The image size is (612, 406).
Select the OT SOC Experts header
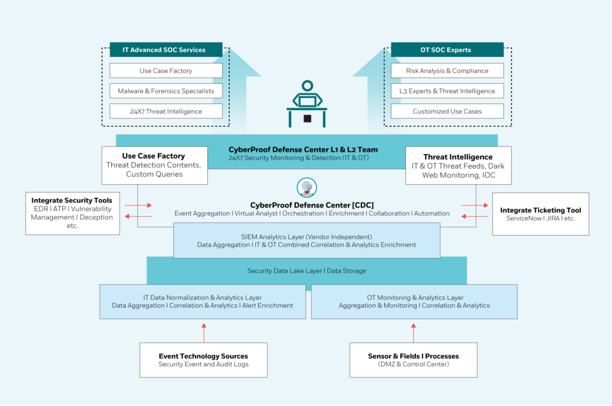point(447,50)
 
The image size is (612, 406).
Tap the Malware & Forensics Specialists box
point(166,91)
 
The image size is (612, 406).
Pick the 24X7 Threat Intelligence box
point(166,111)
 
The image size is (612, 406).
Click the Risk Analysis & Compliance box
point(447,71)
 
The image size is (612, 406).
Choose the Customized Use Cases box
point(447,111)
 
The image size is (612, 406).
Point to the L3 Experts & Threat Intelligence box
point(447,91)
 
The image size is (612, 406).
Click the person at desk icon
point(307,104)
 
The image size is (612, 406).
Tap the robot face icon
point(307,187)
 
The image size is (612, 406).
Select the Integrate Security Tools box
point(72,213)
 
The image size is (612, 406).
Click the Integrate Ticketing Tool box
point(540,214)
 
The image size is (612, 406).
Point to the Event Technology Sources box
point(203,360)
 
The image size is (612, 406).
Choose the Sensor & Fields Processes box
point(414,360)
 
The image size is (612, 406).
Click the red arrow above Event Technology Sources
point(204,332)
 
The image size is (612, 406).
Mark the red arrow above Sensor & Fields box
point(414,332)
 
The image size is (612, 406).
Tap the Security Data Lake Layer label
point(307,270)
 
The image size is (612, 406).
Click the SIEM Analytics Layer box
point(307,240)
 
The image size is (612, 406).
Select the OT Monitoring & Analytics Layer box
point(414,302)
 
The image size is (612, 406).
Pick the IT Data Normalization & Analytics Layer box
point(203,302)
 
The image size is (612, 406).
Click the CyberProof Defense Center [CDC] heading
point(312,205)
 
